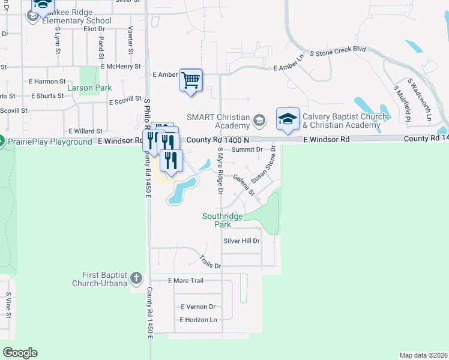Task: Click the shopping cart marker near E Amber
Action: coord(191,80)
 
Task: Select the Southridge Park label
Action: coord(217,220)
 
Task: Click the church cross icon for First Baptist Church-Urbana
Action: coord(136,278)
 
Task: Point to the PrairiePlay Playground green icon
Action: coord(2,142)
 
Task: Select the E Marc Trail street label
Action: coord(186,280)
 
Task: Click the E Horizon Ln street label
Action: coord(198,320)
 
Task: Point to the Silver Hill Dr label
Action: coord(241,241)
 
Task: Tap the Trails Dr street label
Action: coord(211,262)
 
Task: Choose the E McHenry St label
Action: coord(121,67)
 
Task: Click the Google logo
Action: coord(20,353)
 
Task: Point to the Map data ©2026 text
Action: coord(423,355)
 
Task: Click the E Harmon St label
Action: coord(47,81)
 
